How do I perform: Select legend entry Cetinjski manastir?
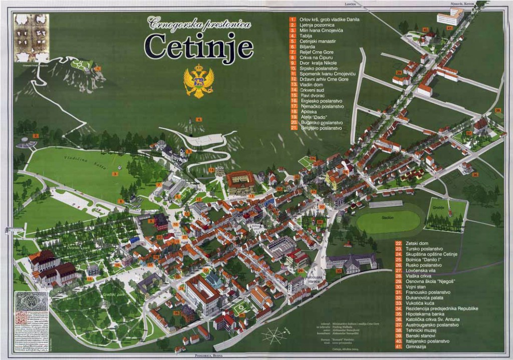[317, 41]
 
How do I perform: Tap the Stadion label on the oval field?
[387, 218]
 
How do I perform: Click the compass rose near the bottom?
[274, 335]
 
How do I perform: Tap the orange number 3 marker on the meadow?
[115, 174]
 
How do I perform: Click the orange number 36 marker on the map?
[475, 174]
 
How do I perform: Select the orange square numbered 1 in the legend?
[293, 19]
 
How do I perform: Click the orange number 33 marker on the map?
[339, 271]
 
